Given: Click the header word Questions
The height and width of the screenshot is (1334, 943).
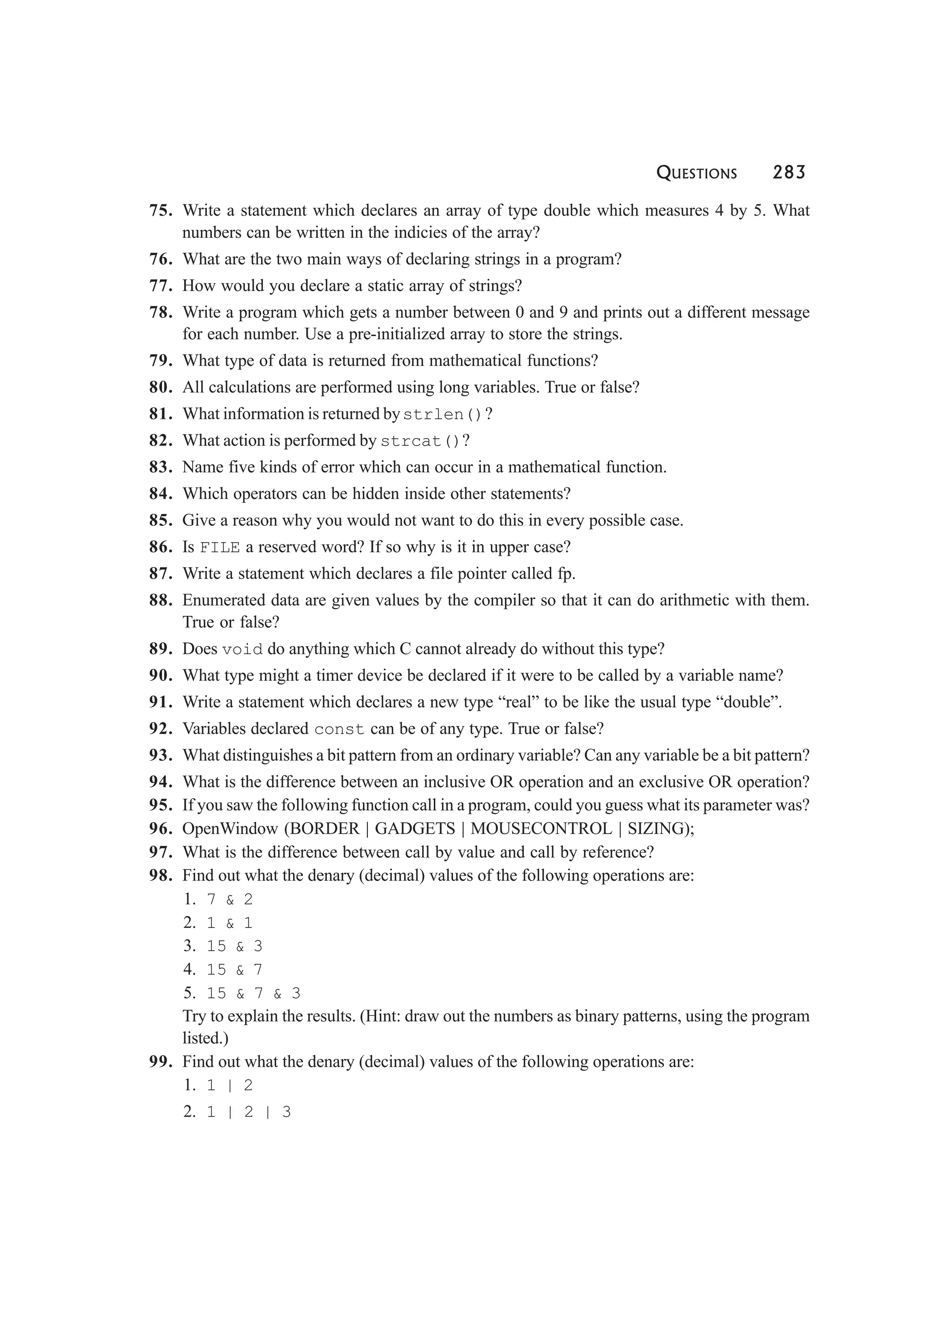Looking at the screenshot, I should (696, 173).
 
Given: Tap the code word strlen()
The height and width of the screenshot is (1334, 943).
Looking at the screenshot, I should (442, 415).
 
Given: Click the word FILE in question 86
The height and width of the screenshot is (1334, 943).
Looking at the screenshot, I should (220, 548).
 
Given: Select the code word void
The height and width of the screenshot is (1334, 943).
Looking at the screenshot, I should (242, 650).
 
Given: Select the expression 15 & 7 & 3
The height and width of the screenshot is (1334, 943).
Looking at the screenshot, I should (253, 993).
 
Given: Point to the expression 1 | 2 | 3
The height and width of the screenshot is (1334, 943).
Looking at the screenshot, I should (249, 1112).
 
